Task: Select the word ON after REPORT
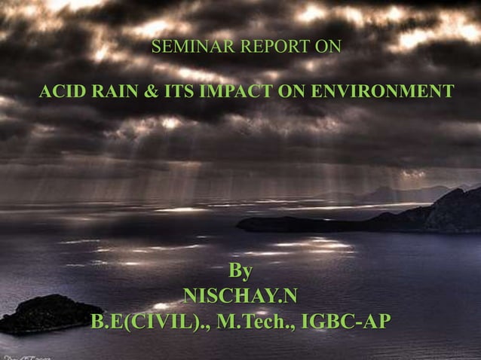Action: pyautogui.click(x=326, y=47)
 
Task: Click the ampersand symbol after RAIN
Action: pyautogui.click(x=151, y=93)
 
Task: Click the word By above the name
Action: pyautogui.click(x=240, y=270)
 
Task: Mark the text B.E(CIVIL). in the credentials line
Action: pyautogui.click(x=150, y=322)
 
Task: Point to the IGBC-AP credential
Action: pyautogui.click(x=345, y=322)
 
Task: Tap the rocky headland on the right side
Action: pyautogui.click(x=422, y=215)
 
